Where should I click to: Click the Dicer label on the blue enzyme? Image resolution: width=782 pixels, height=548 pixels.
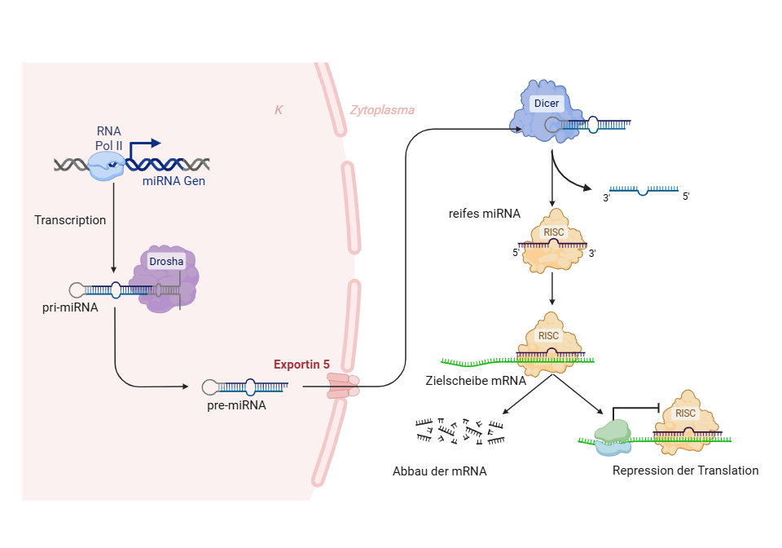tap(546, 104)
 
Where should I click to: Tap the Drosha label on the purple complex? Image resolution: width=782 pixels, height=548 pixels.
tap(166, 261)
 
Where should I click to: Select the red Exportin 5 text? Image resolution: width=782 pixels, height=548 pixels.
tap(301, 365)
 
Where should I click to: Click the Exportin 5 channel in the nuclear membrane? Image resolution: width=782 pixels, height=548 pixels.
tap(343, 386)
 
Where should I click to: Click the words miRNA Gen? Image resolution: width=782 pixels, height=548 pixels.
tap(174, 181)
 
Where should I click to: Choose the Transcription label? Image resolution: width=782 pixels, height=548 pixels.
tap(70, 220)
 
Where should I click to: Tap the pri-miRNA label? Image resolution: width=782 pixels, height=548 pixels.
tap(70, 307)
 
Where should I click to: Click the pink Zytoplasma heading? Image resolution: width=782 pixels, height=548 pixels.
tap(382, 110)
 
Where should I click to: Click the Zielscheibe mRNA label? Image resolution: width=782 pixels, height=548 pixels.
tap(476, 380)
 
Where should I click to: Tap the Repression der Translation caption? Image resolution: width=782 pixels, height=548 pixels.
tap(685, 471)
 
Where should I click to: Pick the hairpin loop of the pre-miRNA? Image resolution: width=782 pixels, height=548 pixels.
tap(209, 386)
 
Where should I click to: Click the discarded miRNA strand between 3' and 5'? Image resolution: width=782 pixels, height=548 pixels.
tap(644, 190)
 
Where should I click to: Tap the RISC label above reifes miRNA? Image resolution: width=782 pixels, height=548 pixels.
tap(553, 232)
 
